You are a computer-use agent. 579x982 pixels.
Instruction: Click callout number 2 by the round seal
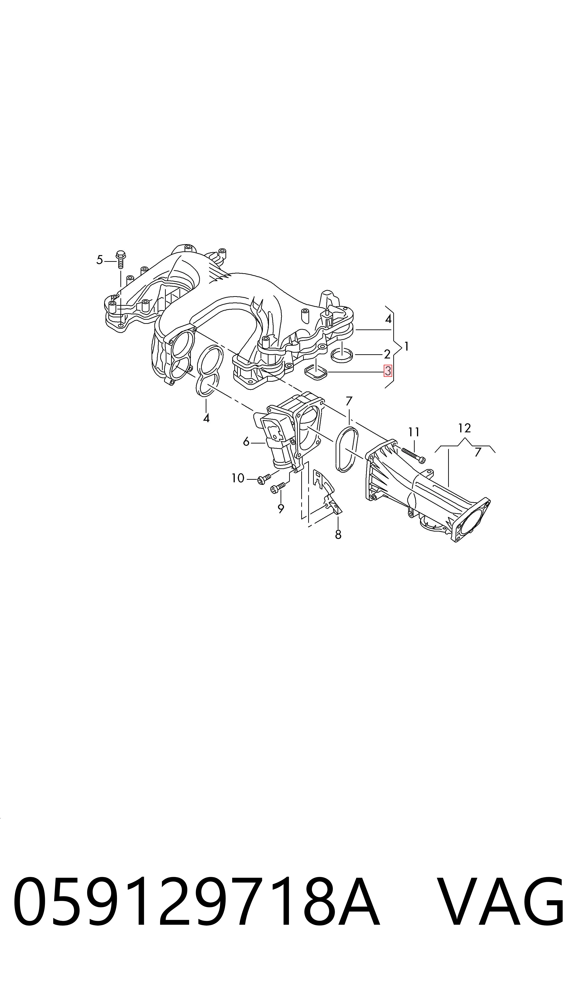pyautogui.click(x=387, y=354)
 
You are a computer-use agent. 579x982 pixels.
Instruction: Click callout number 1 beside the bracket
pyautogui.click(x=407, y=346)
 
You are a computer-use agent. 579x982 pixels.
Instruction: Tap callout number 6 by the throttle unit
pyautogui.click(x=246, y=442)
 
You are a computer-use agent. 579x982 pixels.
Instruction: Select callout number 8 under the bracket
pyautogui.click(x=338, y=535)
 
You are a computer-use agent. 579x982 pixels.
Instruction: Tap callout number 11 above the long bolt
pyautogui.click(x=414, y=432)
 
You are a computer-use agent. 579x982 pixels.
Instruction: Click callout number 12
pyautogui.click(x=464, y=428)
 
